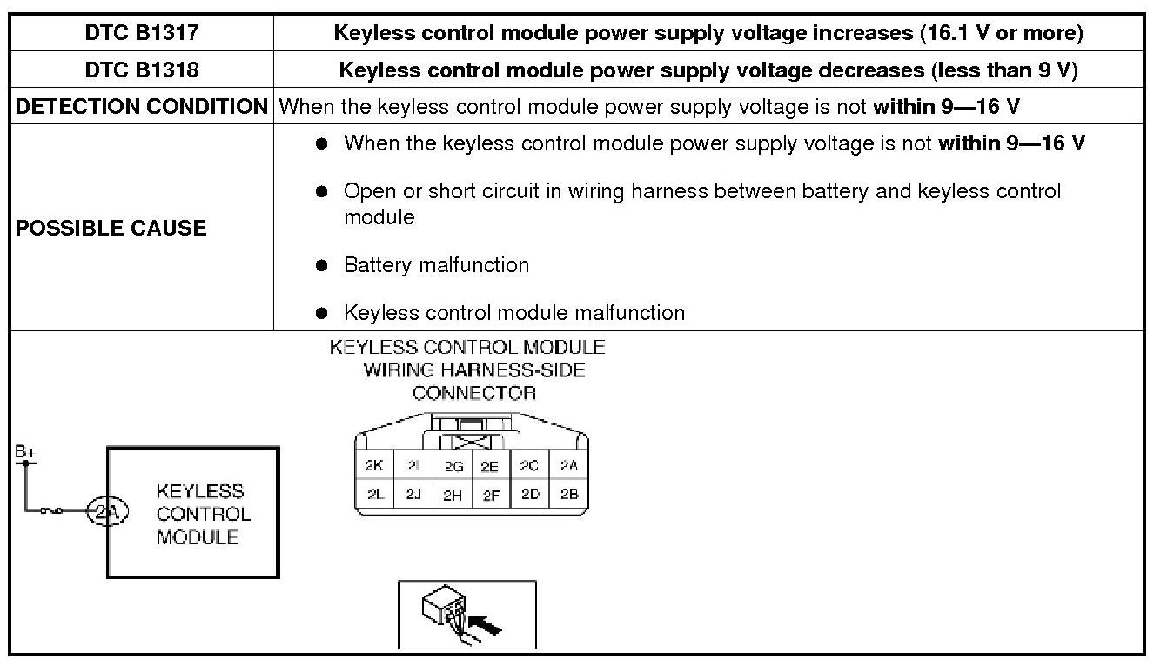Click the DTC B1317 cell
pyautogui.click(x=142, y=34)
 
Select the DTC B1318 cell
pyautogui.click(x=142, y=70)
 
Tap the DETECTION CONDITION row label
pyautogui.click(x=142, y=107)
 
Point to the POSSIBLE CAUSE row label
pyautogui.click(x=111, y=228)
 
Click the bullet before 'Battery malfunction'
pyautogui.click(x=322, y=265)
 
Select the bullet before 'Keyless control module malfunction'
pyautogui.click(x=322, y=313)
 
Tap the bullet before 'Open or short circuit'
pyautogui.click(x=322, y=191)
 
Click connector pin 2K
pyautogui.click(x=373, y=466)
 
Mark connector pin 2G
pyautogui.click(x=453, y=466)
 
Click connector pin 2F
pyautogui.click(x=490, y=495)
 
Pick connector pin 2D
pyautogui.click(x=529, y=495)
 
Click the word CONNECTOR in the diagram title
pyautogui.click(x=474, y=393)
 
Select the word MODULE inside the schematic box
pyautogui.click(x=198, y=537)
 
